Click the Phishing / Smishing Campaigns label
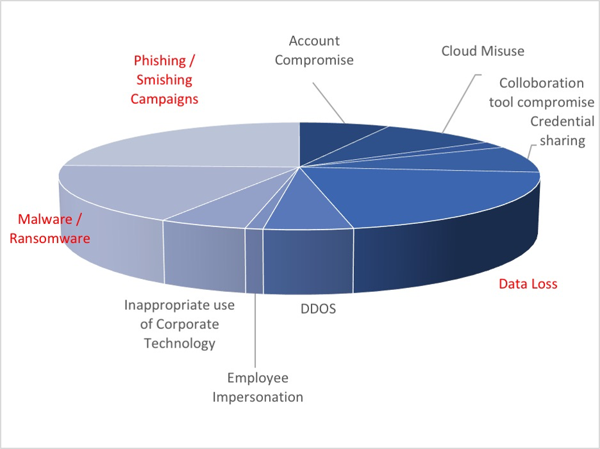click(164, 80)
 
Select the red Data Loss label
click(528, 284)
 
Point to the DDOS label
click(319, 309)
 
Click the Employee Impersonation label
click(258, 387)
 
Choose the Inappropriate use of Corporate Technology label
click(179, 324)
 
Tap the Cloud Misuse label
click(483, 51)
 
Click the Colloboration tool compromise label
click(542, 92)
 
